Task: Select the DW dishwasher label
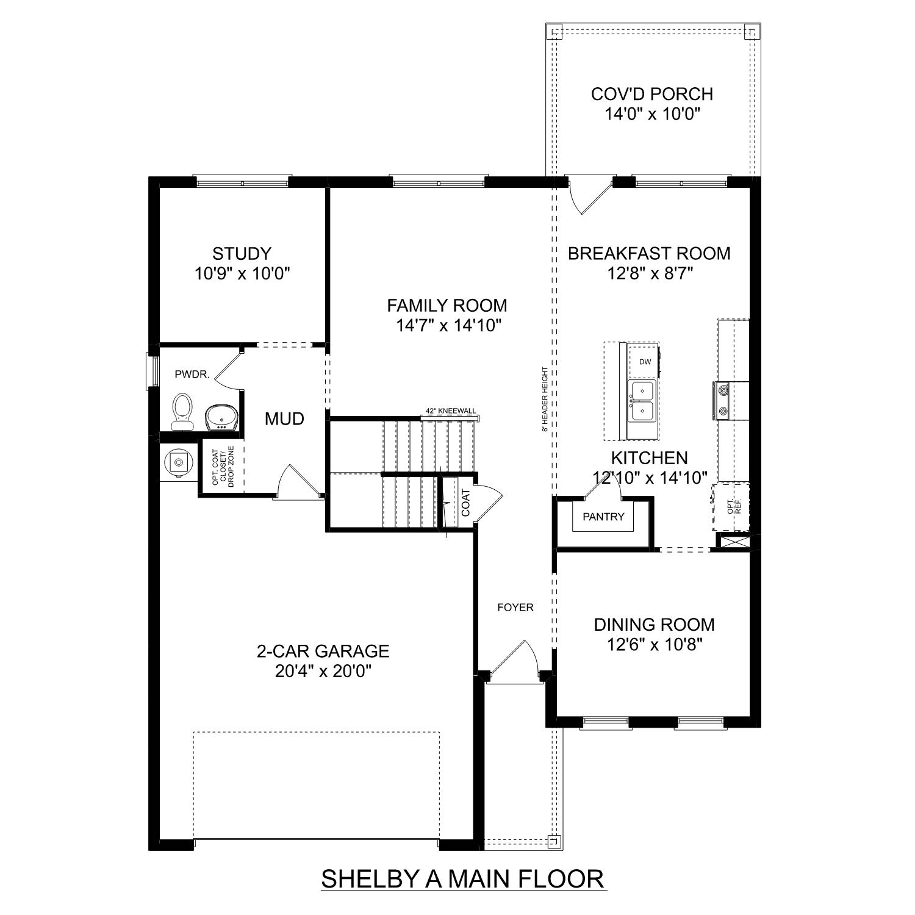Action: click(x=645, y=362)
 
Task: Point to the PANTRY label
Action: click(x=603, y=517)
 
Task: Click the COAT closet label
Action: click(x=465, y=503)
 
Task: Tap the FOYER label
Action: click(x=515, y=607)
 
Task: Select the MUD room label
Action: click(x=284, y=418)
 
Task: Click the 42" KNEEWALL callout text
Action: click(x=451, y=412)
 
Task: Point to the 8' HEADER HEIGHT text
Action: click(x=544, y=400)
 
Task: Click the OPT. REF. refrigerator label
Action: click(x=734, y=506)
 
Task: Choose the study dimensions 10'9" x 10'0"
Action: click(x=242, y=273)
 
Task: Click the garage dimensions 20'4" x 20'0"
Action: click(x=323, y=671)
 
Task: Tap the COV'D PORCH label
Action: click(x=651, y=94)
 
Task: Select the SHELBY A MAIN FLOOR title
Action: click(x=462, y=879)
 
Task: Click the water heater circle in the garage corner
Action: click(x=178, y=462)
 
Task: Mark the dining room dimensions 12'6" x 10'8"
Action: click(x=654, y=644)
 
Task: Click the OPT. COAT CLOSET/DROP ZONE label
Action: click(x=223, y=467)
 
